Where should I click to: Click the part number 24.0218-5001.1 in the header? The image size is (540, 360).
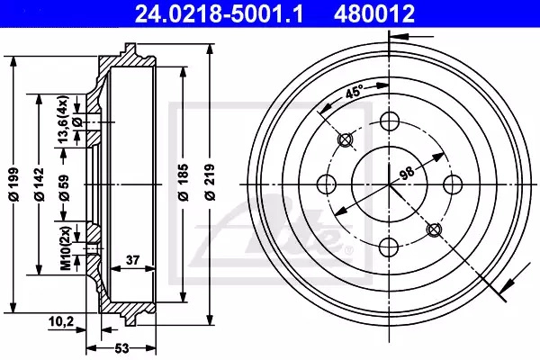[219, 13]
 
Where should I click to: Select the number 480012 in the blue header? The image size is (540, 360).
[374, 13]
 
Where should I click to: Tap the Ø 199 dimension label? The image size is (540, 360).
[14, 184]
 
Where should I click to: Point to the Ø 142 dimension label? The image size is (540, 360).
[40, 184]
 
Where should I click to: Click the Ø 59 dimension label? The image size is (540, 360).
[65, 188]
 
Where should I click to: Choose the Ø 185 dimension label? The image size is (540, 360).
[184, 183]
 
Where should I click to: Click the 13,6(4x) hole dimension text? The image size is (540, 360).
[64, 119]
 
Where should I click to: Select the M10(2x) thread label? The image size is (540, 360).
[66, 247]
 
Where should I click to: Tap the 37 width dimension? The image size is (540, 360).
[132, 260]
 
